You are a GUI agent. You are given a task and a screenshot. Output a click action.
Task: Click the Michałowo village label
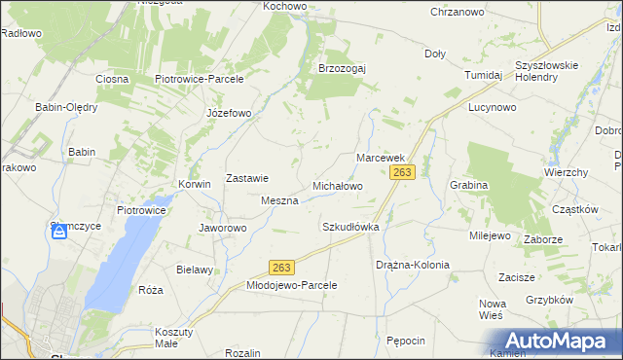pyautogui.click(x=337, y=185)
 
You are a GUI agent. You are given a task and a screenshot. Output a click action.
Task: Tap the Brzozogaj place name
pyautogui.click(x=341, y=68)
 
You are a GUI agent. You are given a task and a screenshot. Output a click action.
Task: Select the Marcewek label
pyautogui.click(x=380, y=157)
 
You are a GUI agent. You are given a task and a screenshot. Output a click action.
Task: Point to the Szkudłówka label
pyautogui.click(x=349, y=227)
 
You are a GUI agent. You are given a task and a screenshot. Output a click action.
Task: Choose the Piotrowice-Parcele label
pyautogui.click(x=199, y=79)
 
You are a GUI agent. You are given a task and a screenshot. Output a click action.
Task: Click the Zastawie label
pyautogui.click(x=247, y=178)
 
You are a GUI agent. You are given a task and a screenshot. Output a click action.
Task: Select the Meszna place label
pyautogui.click(x=279, y=200)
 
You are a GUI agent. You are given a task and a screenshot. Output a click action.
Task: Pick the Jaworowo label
pyautogui.click(x=223, y=228)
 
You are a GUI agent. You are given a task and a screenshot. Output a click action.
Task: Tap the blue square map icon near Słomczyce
pyautogui.click(x=60, y=232)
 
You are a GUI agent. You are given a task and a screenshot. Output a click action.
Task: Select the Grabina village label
pyautogui.click(x=468, y=184)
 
